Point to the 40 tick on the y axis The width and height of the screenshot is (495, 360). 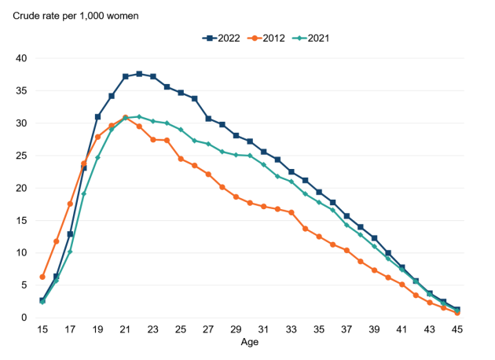[21, 58]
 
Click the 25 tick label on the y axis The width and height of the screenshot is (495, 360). [21, 156]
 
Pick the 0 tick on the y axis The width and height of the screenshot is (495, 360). [24, 318]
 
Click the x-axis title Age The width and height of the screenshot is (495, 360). [249, 343]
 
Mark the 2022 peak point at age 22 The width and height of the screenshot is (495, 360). [139, 74]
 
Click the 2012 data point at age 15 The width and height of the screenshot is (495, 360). [42, 277]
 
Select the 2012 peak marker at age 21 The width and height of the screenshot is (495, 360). [125, 118]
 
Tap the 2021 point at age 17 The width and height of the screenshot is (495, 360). [70, 252]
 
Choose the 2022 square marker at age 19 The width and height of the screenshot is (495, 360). [97, 116]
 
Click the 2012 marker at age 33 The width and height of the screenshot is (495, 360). [291, 212]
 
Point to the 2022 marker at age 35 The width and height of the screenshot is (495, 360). [318, 192]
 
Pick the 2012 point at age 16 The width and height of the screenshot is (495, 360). [56, 241]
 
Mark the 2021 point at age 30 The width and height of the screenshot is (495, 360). [250, 156]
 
